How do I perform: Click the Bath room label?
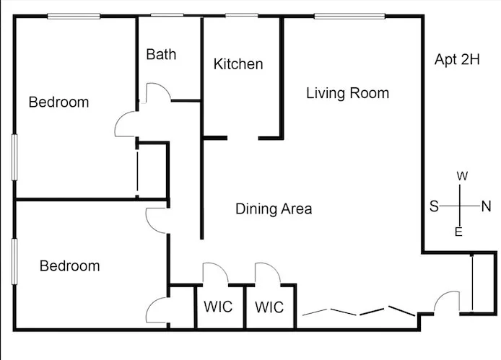click(161, 54)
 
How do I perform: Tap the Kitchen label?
click(238, 64)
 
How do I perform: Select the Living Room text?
click(348, 93)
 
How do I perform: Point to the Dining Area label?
click(274, 209)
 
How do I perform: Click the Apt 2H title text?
click(457, 60)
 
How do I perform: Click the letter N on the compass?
click(487, 206)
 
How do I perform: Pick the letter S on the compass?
click(434, 206)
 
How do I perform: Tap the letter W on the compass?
click(462, 176)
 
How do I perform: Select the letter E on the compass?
click(459, 232)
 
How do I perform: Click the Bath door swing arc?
click(163, 87)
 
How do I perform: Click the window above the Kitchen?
click(242, 15)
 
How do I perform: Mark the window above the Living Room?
click(349, 16)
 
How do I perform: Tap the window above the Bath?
click(167, 15)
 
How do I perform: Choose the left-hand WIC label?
click(218, 307)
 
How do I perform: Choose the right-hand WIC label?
click(269, 307)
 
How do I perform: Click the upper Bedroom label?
click(58, 102)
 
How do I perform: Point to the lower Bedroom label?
click(69, 266)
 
